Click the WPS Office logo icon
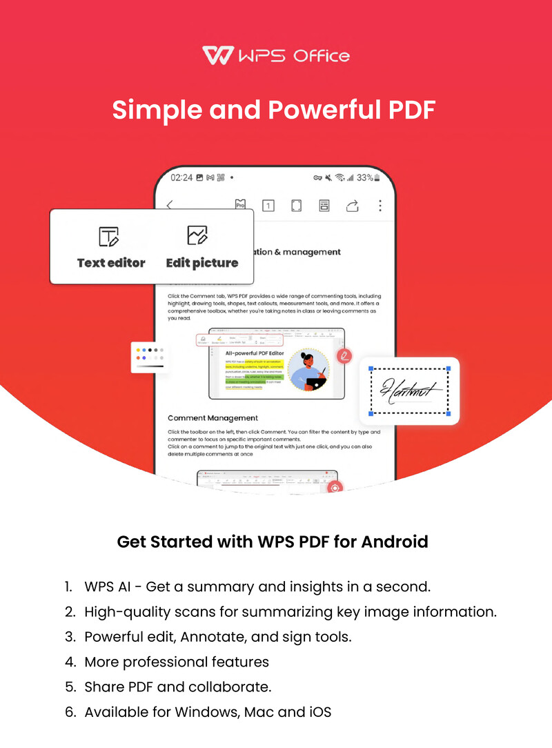[x=216, y=56]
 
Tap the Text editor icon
[x=109, y=237]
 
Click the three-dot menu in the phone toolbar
[x=379, y=205]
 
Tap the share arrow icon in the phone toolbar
[x=353, y=205]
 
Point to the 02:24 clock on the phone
[x=181, y=177]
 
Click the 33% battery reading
[x=366, y=177]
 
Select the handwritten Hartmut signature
[x=410, y=391]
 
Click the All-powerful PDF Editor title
[x=250, y=353]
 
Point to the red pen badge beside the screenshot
[x=344, y=356]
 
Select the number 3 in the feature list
[x=69, y=637]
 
